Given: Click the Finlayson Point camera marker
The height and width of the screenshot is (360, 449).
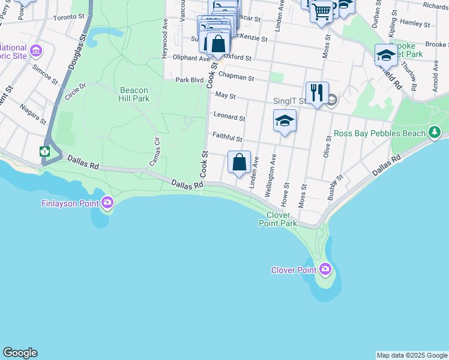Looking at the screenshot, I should (x=107, y=203).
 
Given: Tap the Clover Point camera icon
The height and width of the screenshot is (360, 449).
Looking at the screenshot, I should (x=325, y=269).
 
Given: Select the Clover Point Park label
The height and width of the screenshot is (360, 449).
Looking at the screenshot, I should (x=278, y=219).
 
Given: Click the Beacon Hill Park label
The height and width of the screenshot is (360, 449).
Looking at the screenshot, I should (x=134, y=94).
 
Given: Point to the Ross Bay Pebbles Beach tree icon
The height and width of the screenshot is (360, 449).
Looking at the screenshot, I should (x=435, y=133).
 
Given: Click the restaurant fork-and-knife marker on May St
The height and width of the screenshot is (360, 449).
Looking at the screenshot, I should (x=317, y=94).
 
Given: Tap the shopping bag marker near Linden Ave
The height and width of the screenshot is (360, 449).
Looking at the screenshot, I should (x=239, y=163).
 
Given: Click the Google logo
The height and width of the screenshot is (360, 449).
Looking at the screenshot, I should (x=20, y=353).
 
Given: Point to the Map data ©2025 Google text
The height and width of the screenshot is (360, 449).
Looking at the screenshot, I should (x=411, y=355).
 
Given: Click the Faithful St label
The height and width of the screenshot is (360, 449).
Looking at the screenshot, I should (x=227, y=138).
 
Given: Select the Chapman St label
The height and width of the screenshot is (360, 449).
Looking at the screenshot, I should (x=236, y=76).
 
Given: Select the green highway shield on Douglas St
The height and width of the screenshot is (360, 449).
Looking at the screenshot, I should (x=45, y=151).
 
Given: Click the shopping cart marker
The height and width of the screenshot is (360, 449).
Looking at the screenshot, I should (x=322, y=10).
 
